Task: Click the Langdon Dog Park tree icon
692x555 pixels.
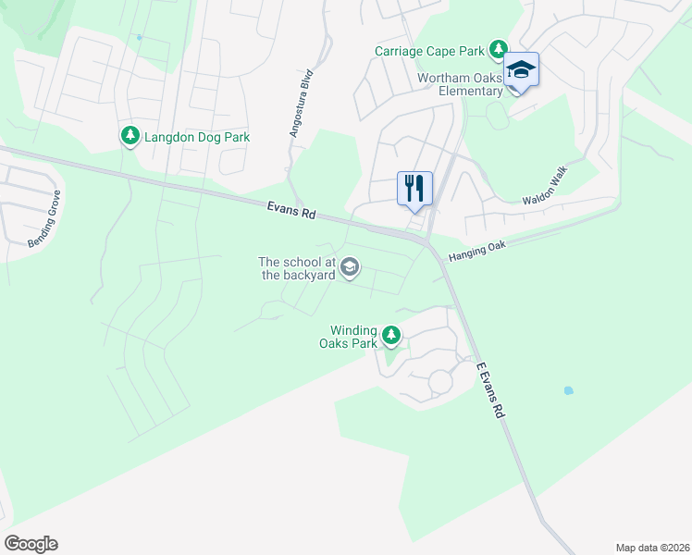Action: [130, 137]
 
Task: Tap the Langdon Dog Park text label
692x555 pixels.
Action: [197, 137]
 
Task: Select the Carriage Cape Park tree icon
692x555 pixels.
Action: [500, 49]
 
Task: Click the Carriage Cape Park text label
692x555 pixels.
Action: [429, 51]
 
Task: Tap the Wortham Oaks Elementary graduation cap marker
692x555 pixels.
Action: [521, 71]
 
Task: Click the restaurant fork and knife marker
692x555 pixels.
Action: [414, 189]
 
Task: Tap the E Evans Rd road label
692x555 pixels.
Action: [490, 388]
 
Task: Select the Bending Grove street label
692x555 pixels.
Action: [43, 218]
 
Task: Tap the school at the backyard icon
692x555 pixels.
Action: [350, 268]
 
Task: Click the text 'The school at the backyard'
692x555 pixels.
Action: [296, 268]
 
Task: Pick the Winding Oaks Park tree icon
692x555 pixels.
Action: [391, 335]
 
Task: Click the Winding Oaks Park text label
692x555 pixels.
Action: [353, 337]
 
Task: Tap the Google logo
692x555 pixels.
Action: [31, 544]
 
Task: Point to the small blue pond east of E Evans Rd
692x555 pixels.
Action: [568, 390]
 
